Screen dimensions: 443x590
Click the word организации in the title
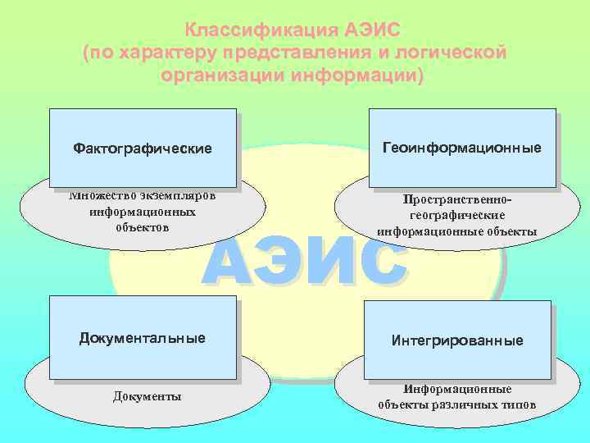pyautogui.click(x=216, y=75)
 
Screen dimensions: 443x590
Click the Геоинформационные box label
pyautogui.click(x=462, y=148)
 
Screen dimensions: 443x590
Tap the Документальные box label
pyautogui.click(x=143, y=338)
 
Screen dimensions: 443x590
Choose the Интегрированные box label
pyautogui.click(x=457, y=340)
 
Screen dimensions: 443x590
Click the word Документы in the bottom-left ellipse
pyautogui.click(x=147, y=397)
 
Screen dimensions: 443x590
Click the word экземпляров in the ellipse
pyautogui.click(x=177, y=196)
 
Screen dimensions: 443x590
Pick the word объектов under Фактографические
pyautogui.click(x=143, y=226)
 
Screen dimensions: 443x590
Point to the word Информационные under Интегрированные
pyautogui.click(x=457, y=390)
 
